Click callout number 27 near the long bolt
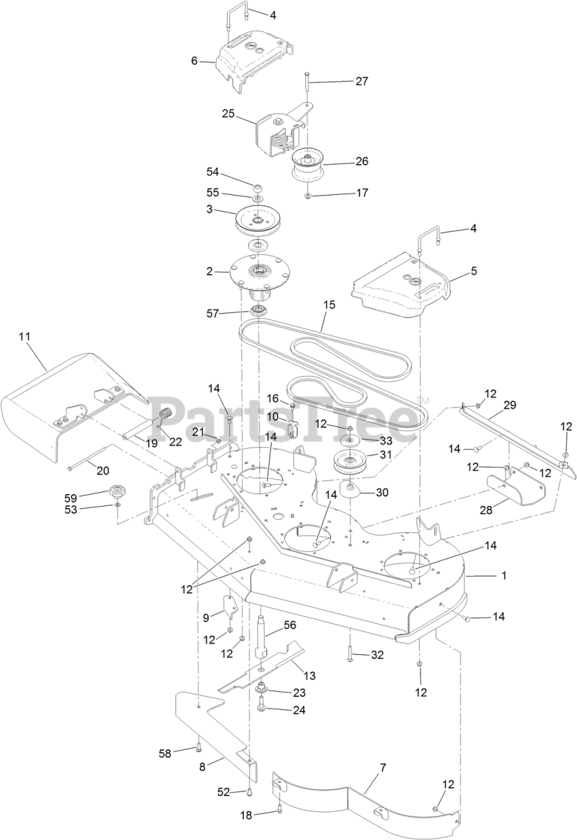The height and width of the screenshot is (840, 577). tap(362, 81)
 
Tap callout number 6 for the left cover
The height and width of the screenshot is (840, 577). tap(194, 60)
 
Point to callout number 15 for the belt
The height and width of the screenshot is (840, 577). tap(329, 305)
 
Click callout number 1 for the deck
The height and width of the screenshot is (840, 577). tap(504, 576)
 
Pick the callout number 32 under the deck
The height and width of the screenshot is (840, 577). tap(377, 654)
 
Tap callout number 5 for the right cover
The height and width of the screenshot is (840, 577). tap(474, 270)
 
